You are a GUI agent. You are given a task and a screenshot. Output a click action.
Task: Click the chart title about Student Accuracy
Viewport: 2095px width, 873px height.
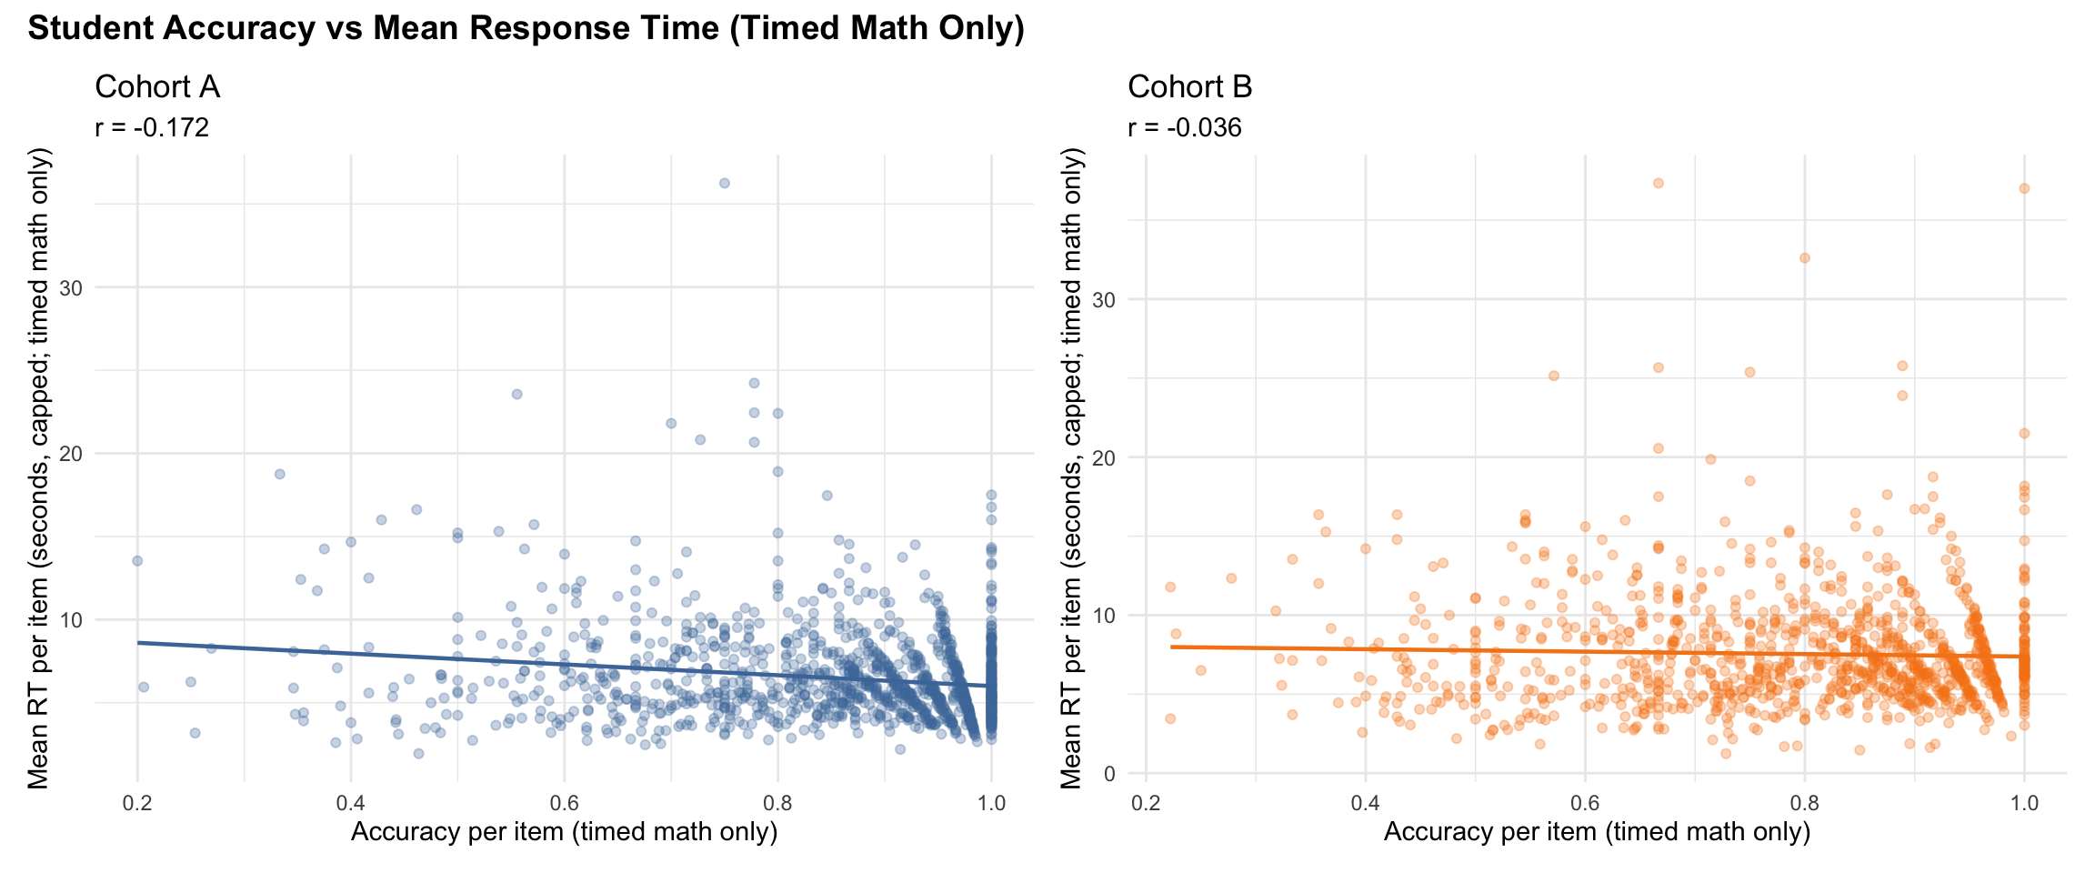coord(526,29)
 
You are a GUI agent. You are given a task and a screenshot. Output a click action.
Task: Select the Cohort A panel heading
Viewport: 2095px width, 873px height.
coord(157,87)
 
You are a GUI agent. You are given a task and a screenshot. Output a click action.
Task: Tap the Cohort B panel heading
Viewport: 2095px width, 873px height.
coord(1189,87)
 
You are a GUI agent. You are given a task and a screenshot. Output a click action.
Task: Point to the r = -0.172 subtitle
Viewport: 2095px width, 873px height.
coord(152,127)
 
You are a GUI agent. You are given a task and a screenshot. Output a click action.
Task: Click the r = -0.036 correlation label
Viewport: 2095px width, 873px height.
coord(1185,127)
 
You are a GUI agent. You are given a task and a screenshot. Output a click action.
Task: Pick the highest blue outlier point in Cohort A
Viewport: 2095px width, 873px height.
coord(725,183)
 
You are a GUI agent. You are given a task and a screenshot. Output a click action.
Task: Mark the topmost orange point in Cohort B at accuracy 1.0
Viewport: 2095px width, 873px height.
coord(2024,188)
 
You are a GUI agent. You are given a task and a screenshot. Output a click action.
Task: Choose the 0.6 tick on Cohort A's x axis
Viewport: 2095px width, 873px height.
coord(564,803)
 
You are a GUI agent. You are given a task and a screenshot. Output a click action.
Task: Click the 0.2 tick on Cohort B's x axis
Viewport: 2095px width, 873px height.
coord(1146,803)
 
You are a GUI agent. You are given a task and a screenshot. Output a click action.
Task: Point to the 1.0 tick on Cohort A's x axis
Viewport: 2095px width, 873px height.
coord(991,803)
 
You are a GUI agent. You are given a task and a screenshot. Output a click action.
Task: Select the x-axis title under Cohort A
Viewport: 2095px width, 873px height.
coord(564,832)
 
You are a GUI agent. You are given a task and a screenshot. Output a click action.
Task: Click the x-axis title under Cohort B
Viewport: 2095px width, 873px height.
coord(1597,832)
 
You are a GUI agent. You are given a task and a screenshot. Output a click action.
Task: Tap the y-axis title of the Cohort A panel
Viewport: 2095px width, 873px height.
coord(38,468)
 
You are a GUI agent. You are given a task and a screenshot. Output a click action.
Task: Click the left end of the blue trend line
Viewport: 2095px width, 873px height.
coord(138,643)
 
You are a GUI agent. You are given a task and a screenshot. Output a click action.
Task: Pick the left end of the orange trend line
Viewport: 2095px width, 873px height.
coord(1171,647)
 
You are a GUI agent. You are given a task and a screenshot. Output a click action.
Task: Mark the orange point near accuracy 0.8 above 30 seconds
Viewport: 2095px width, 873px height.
coord(1805,258)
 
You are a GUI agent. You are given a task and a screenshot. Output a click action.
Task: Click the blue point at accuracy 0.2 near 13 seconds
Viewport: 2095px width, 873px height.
coord(137,560)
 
